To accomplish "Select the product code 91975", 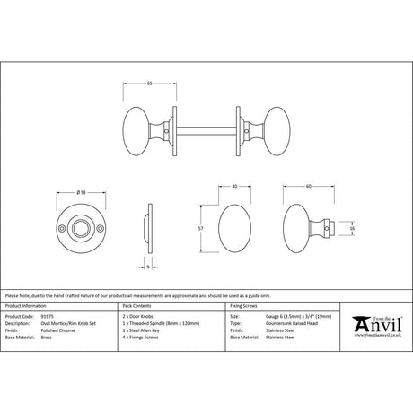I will click(48, 317).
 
